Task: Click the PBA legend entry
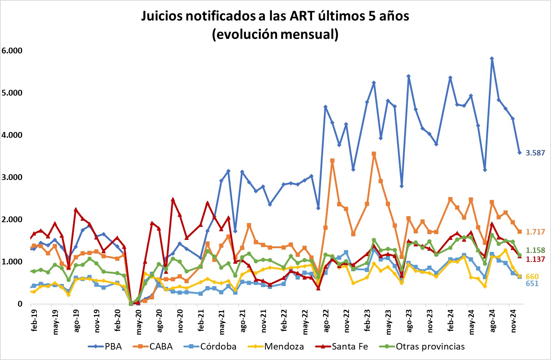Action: click(x=105, y=347)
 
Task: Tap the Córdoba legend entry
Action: click(x=210, y=347)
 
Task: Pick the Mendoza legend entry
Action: click(x=276, y=347)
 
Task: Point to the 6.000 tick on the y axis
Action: click(x=12, y=51)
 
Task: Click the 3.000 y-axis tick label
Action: click(x=12, y=177)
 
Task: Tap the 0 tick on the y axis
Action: click(x=19, y=304)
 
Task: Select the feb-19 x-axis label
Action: click(x=34, y=320)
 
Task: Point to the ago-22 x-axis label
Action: click(x=326, y=320)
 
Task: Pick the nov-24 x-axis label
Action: click(x=513, y=320)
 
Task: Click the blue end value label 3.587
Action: click(x=535, y=153)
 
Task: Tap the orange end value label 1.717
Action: click(x=535, y=232)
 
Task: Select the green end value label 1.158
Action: click(x=535, y=250)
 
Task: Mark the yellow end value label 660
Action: click(x=532, y=277)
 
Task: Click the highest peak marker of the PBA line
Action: click(x=492, y=58)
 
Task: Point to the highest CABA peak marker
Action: click(x=374, y=154)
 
